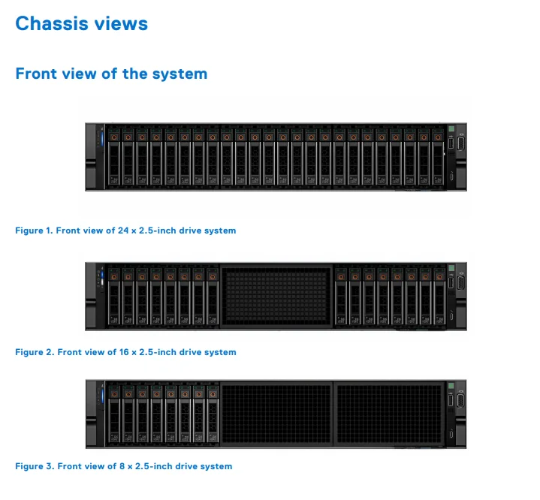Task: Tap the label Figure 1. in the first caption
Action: pos(34,230)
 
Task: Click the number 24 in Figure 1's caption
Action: pos(124,230)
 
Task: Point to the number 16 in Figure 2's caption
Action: pos(124,352)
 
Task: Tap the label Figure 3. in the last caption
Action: pos(34,466)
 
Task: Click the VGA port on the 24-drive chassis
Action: pos(460,143)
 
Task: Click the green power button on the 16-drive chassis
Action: pos(451,269)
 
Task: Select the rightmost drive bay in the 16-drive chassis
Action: pos(439,297)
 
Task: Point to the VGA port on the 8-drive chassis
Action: pos(460,402)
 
